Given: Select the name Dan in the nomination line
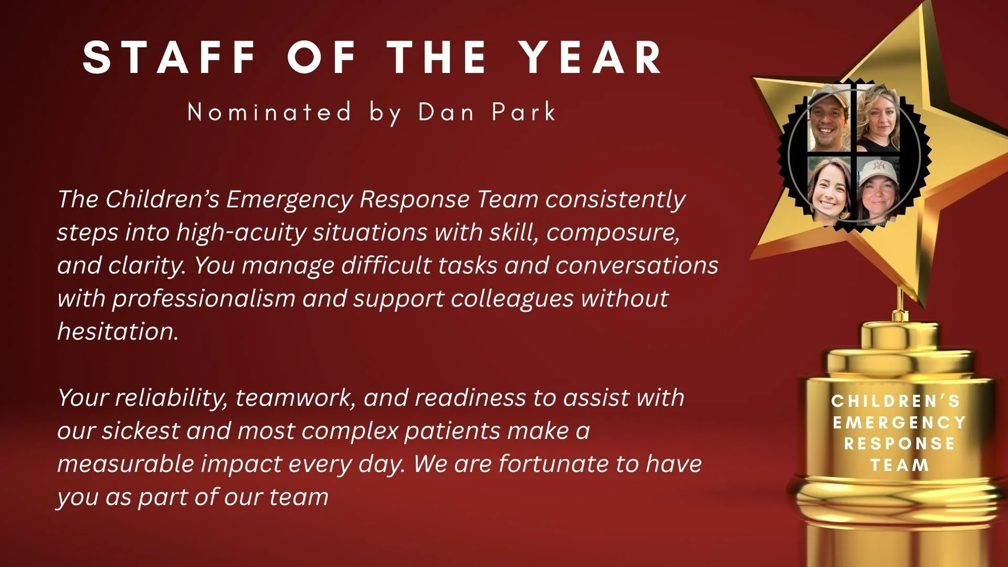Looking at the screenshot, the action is [446, 112].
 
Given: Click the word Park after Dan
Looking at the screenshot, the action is [523, 112].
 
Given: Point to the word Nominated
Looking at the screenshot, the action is [269, 112].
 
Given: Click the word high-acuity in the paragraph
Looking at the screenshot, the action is [241, 233].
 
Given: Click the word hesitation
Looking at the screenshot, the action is [118, 331].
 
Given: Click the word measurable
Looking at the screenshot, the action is [125, 464].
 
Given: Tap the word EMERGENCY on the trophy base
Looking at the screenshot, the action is [899, 423].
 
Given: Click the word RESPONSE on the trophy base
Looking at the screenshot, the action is [899, 444].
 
